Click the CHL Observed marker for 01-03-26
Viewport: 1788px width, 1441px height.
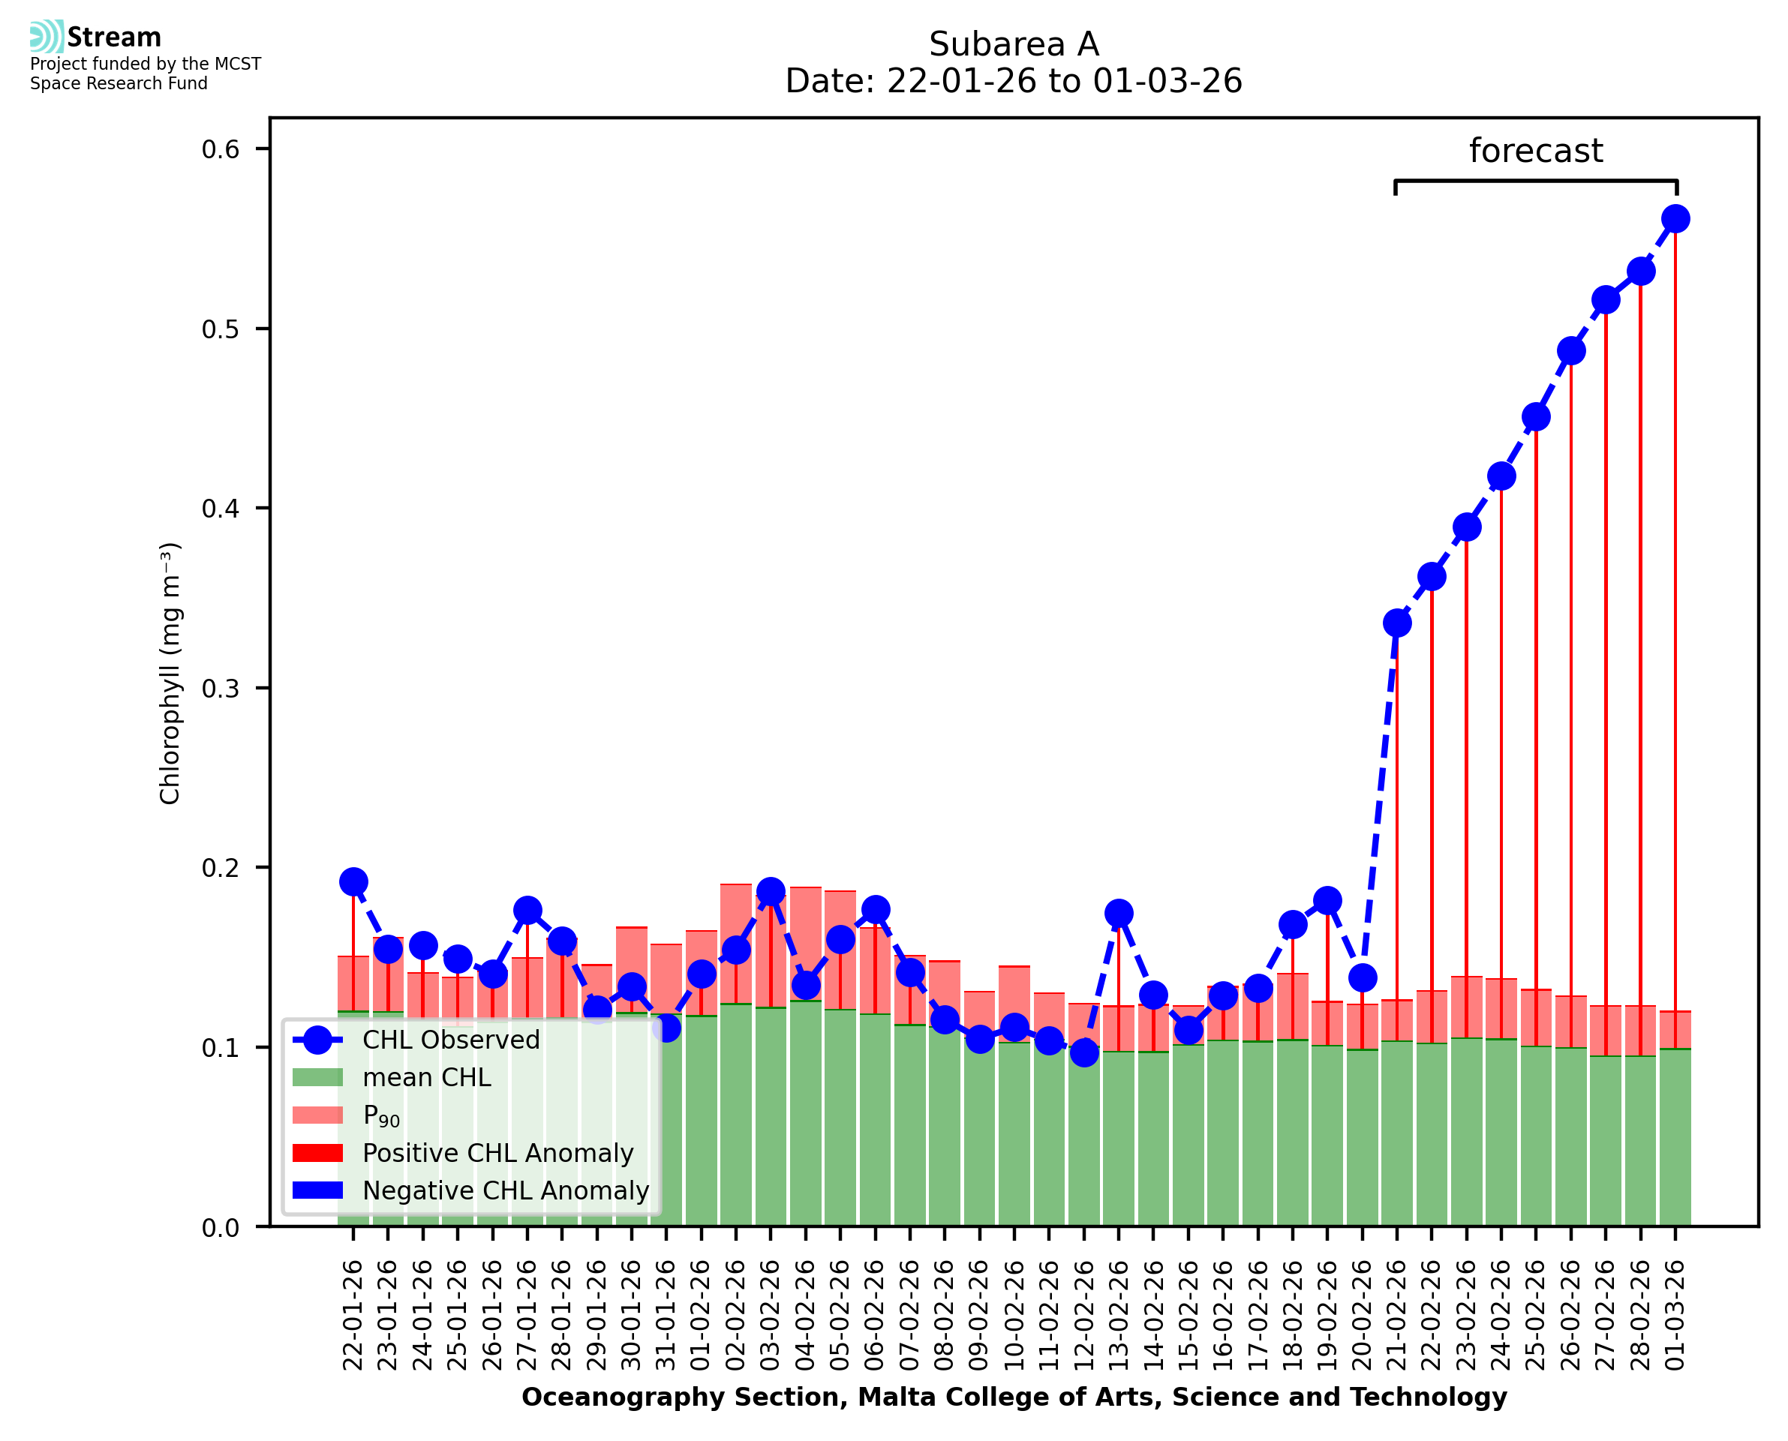pyautogui.click(x=1675, y=219)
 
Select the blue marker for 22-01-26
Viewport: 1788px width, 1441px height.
pyautogui.click(x=353, y=881)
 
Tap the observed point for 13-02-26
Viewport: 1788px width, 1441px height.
pyautogui.click(x=1119, y=913)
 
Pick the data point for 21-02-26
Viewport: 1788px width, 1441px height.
pyautogui.click(x=1397, y=623)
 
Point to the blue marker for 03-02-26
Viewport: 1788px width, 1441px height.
pyautogui.click(x=771, y=891)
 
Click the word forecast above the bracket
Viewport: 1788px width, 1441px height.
pyautogui.click(x=1536, y=151)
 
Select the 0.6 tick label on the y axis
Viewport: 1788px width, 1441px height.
pyautogui.click(x=220, y=149)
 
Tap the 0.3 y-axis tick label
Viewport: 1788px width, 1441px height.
pyautogui.click(x=220, y=688)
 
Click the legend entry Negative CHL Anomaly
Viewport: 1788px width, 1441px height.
pyautogui.click(x=505, y=1190)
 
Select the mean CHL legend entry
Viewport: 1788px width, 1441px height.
pyautogui.click(x=427, y=1077)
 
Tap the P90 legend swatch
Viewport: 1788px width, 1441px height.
pyautogui.click(x=318, y=1115)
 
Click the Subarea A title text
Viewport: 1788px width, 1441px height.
pyautogui.click(x=1014, y=45)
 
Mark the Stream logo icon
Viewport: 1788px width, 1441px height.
pyautogui.click(x=47, y=37)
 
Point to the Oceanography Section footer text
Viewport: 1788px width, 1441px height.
pyautogui.click(x=1014, y=1397)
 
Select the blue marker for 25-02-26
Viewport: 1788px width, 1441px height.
pyautogui.click(x=1537, y=416)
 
